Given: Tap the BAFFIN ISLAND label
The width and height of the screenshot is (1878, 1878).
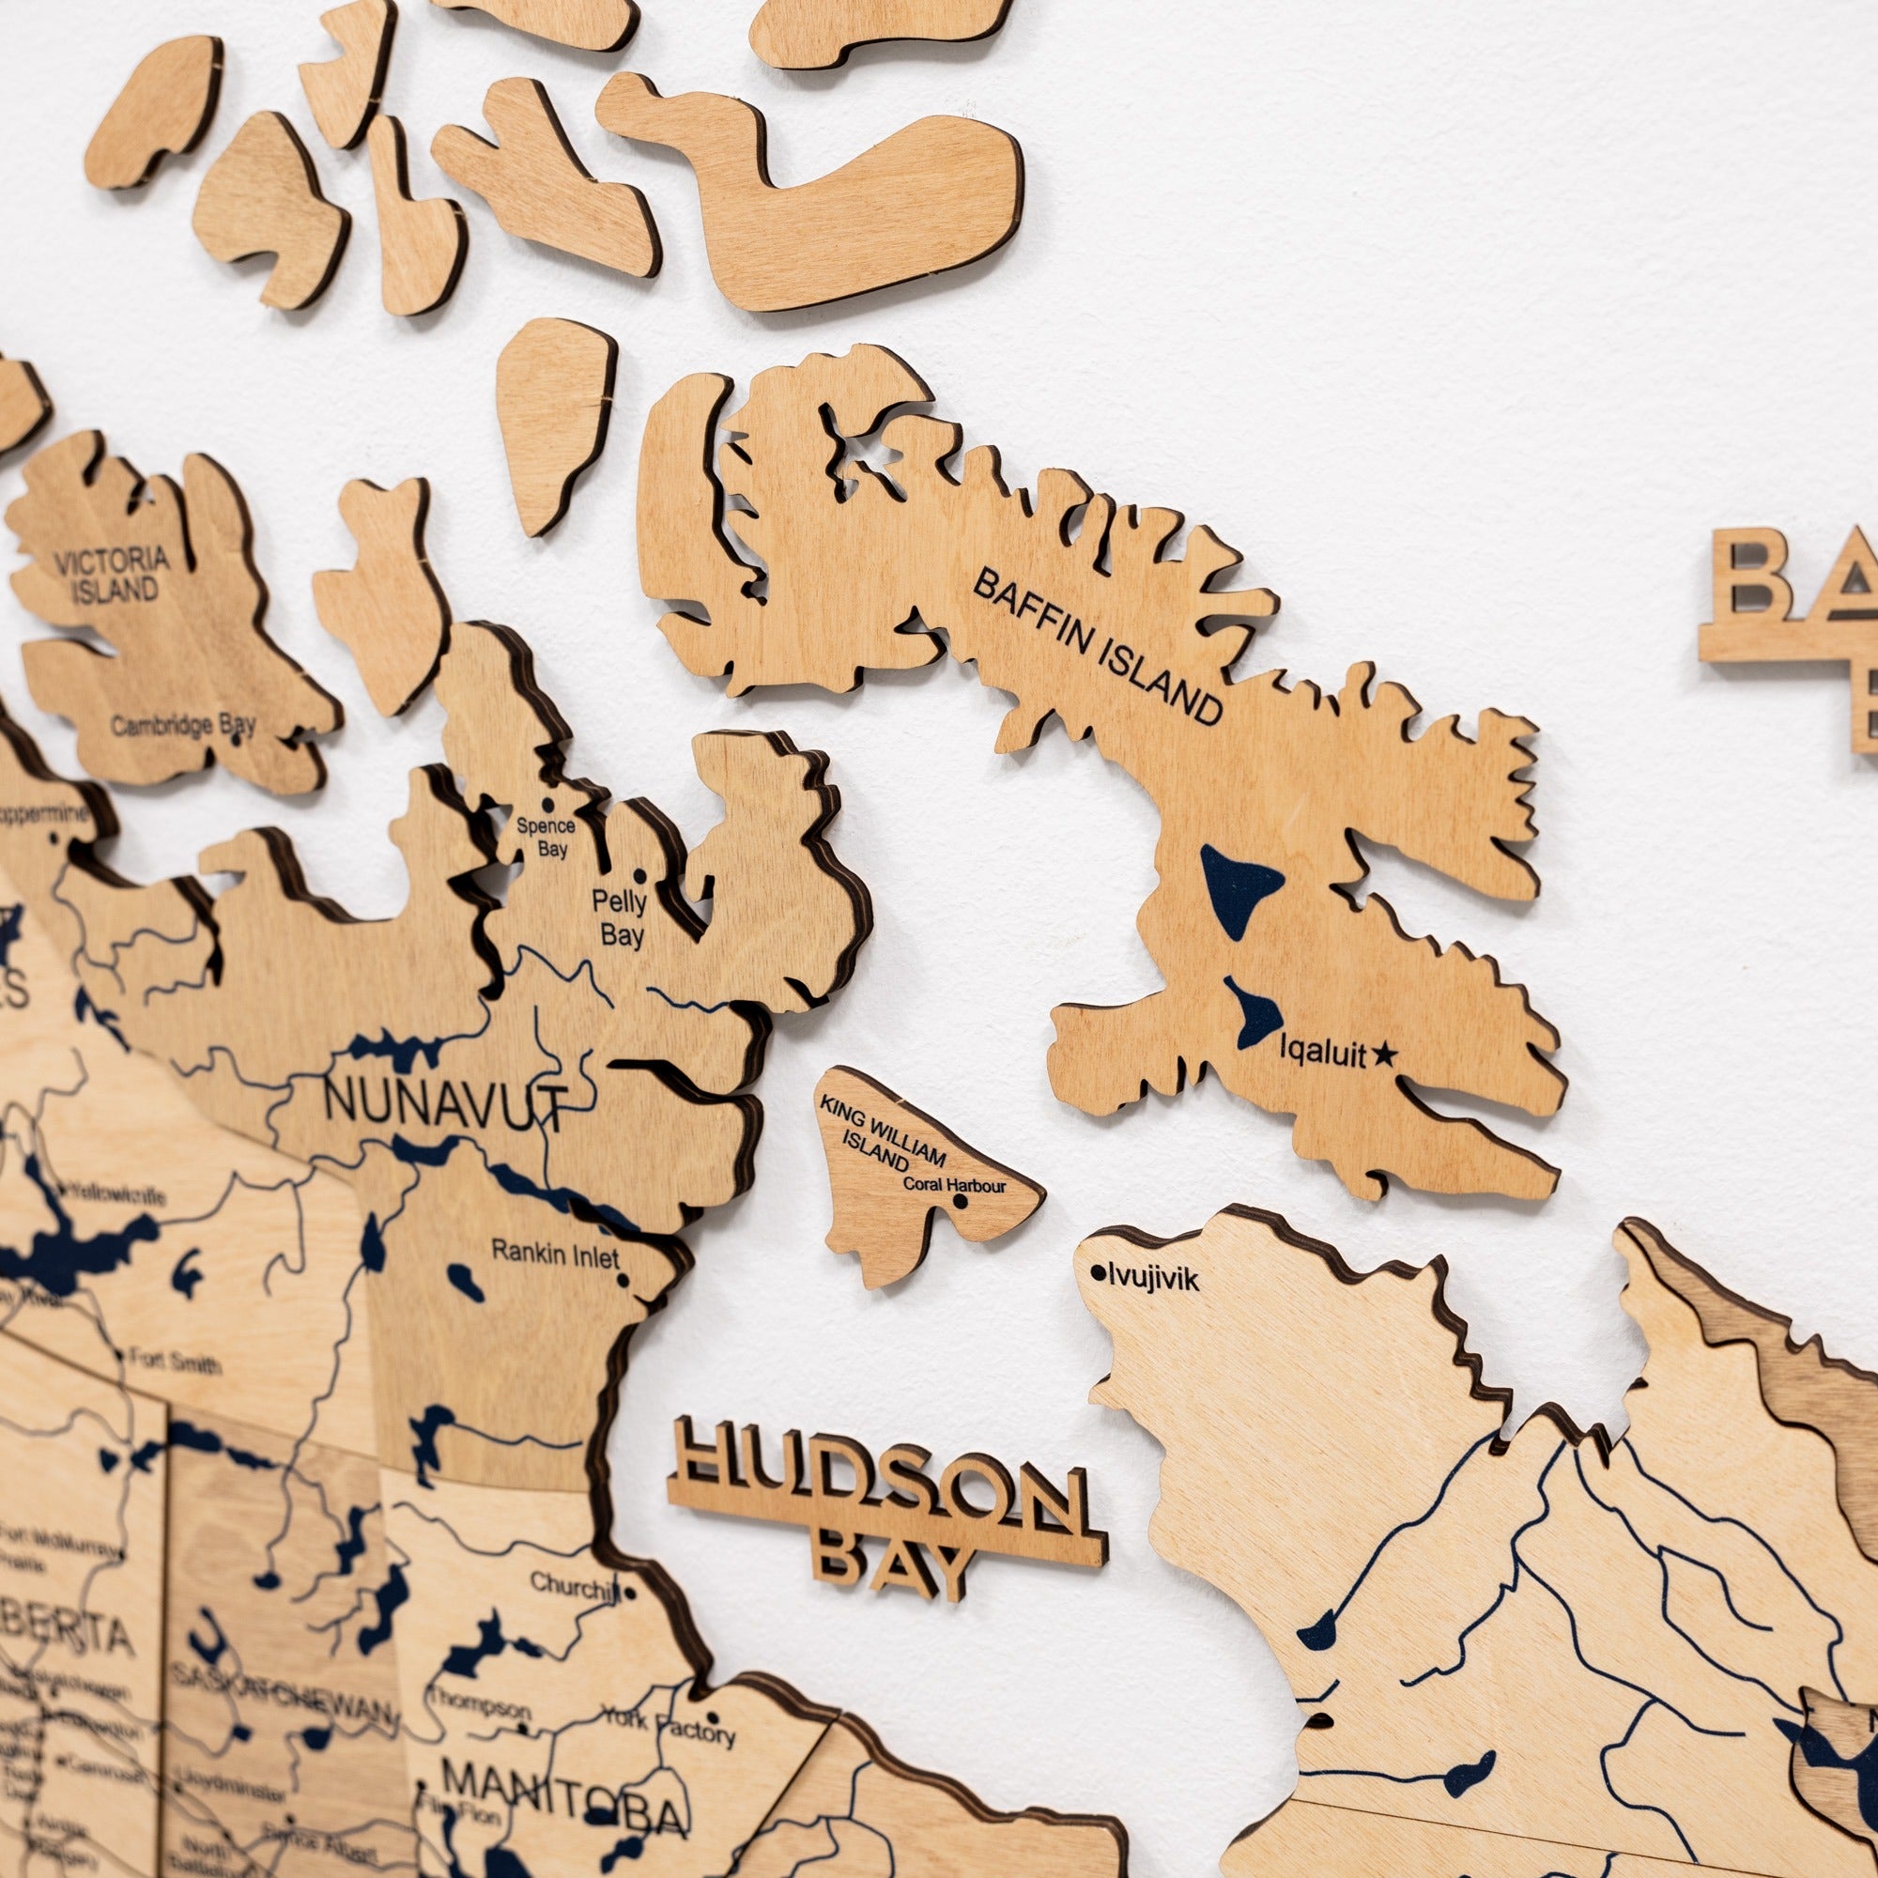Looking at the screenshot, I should (x=1098, y=646).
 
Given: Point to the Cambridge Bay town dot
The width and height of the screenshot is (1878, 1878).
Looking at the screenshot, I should (x=236, y=738).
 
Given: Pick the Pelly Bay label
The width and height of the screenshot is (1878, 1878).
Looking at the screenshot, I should (x=621, y=918).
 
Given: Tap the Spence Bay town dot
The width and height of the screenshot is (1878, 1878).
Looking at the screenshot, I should (x=547, y=805).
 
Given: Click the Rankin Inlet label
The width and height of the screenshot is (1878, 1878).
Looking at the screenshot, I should (x=555, y=1253).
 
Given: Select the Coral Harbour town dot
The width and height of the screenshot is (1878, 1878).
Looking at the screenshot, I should (x=961, y=1202).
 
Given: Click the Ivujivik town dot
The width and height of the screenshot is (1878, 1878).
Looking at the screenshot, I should (x=1099, y=1271).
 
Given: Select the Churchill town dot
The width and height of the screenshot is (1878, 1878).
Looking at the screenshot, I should (x=630, y=1593).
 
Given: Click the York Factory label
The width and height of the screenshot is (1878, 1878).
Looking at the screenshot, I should (x=669, y=1724).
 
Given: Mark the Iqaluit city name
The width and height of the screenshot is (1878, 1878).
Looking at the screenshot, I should (x=1322, y=1052).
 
